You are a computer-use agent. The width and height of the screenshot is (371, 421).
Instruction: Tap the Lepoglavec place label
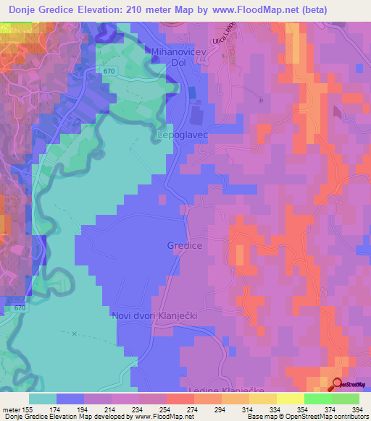(x=183, y=135)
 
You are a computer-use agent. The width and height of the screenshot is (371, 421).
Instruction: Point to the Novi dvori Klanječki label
(x=154, y=316)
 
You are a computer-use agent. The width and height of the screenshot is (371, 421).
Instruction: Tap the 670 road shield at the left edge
(x=20, y=309)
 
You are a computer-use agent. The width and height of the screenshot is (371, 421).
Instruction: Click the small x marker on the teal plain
(x=75, y=333)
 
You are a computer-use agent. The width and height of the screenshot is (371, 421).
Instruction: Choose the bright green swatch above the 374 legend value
(x=318, y=399)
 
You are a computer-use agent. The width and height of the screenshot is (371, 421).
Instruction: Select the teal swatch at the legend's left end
(x=43, y=399)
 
